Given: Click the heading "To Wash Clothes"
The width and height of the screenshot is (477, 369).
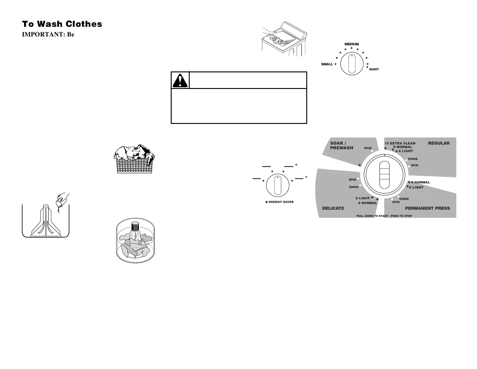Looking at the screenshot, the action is [62, 24].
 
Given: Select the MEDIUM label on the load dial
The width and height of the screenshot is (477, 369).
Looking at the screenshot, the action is [351, 44].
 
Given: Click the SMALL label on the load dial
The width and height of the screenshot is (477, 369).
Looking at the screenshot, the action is [327, 64].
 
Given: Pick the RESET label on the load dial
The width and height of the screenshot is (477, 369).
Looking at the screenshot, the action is [374, 69].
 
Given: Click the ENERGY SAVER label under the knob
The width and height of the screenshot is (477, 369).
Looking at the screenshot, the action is [281, 202].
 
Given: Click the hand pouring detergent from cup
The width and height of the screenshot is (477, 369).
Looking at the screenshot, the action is [62, 199].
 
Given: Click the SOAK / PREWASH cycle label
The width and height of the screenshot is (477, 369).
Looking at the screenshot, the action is [341, 146].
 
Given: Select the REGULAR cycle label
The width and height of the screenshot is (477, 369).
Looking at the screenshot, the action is [438, 143].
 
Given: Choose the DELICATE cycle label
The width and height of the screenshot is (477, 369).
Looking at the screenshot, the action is [333, 208].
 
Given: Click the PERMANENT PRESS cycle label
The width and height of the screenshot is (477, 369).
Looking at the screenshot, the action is [427, 208].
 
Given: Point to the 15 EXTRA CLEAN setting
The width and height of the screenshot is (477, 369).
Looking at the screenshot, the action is [400, 143].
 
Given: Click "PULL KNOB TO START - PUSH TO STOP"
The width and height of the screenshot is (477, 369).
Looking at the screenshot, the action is [384, 216].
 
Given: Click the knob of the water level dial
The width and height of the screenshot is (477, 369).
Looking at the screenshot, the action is [351, 64].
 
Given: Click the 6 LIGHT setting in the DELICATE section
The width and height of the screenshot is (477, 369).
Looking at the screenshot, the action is [363, 198].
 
